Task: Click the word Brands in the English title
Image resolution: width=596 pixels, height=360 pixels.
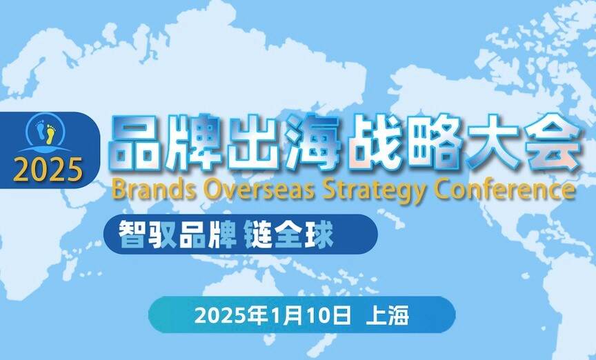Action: pos(146,189)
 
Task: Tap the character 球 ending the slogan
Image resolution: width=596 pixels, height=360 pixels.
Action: pos(319,234)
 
